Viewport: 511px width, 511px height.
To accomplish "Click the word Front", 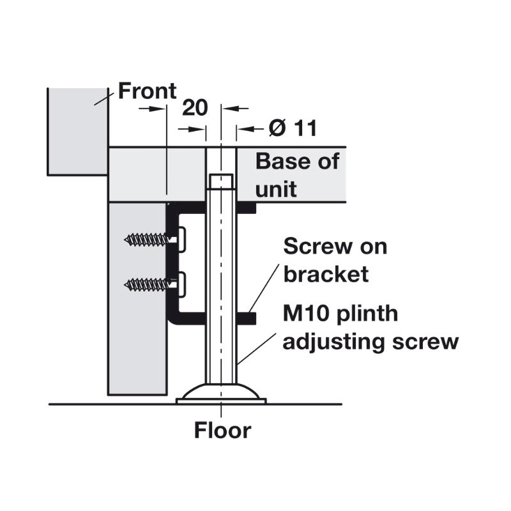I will pyautogui.click(x=148, y=91).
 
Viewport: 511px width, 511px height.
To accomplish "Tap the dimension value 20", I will pyautogui.click(x=195, y=107).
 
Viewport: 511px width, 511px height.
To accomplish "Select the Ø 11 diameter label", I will pyautogui.click(x=293, y=128).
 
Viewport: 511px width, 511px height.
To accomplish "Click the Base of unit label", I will pyautogui.click(x=297, y=174).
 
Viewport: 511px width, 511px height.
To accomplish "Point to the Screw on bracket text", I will pyautogui.click(x=335, y=260).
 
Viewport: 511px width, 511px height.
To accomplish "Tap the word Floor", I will pyautogui.click(x=223, y=431).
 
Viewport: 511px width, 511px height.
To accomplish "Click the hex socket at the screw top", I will pyautogui.click(x=221, y=182).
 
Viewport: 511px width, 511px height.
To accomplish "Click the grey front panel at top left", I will pyautogui.click(x=77, y=131).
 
